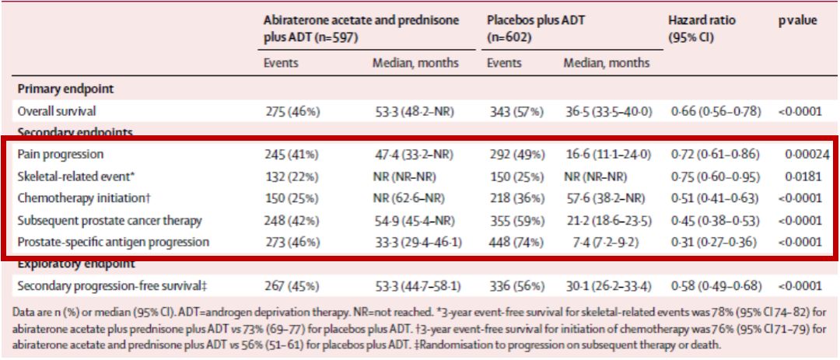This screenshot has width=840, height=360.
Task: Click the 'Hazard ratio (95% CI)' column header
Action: pyautogui.click(x=702, y=29)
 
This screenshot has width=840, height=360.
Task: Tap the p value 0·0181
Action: pyautogui.click(x=803, y=177)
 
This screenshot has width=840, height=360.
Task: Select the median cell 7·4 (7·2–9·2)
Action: pyautogui.click(x=597, y=242)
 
